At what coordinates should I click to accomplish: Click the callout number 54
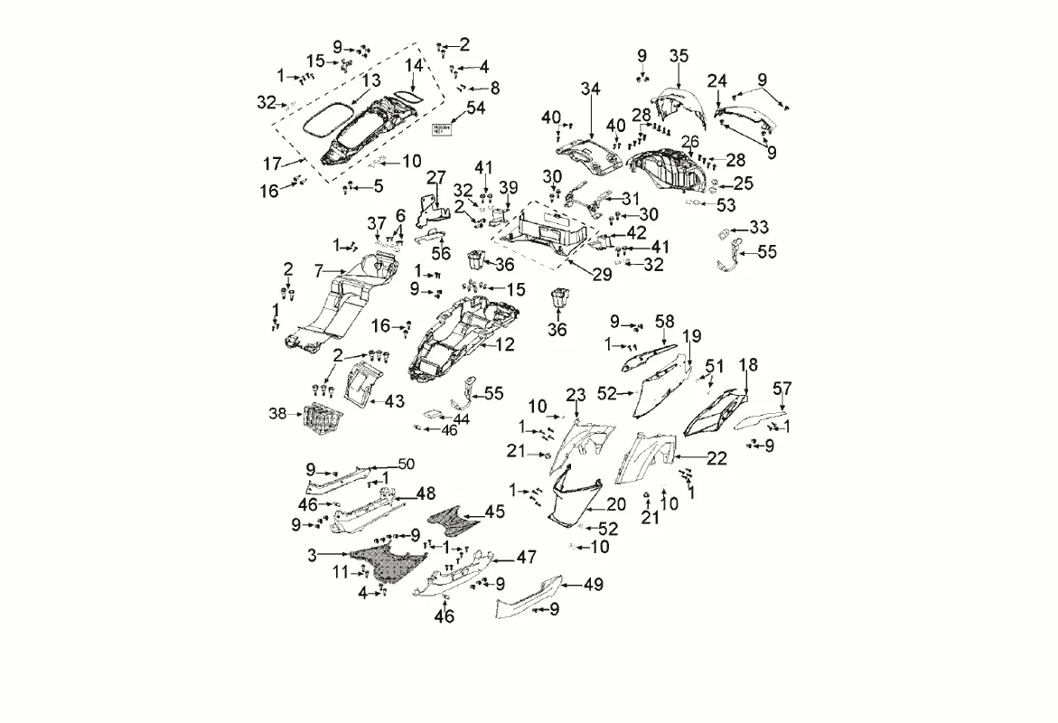click(x=475, y=108)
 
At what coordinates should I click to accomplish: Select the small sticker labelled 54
click(x=442, y=130)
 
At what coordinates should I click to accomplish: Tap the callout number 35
click(x=679, y=56)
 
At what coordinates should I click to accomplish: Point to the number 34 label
click(x=590, y=89)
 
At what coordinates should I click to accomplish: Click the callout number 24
click(x=717, y=81)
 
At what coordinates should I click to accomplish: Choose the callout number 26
click(x=690, y=141)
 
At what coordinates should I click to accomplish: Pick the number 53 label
click(x=726, y=205)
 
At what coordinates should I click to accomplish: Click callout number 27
click(x=437, y=175)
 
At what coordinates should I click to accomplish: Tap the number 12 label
click(x=505, y=344)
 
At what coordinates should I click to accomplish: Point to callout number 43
click(x=395, y=400)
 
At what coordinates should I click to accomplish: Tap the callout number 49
click(x=593, y=585)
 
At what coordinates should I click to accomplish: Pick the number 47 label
click(x=527, y=558)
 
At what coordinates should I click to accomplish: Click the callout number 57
click(x=782, y=389)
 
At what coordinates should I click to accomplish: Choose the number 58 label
click(x=664, y=322)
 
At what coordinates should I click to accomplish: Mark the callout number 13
click(x=371, y=81)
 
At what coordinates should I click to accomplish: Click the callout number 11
click(x=340, y=571)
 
